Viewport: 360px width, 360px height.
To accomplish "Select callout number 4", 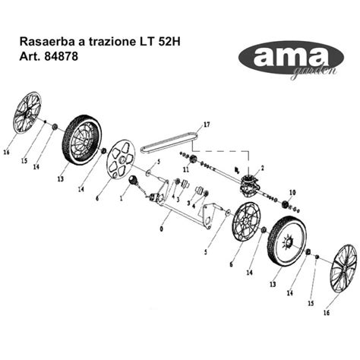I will click(x=194, y=206).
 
